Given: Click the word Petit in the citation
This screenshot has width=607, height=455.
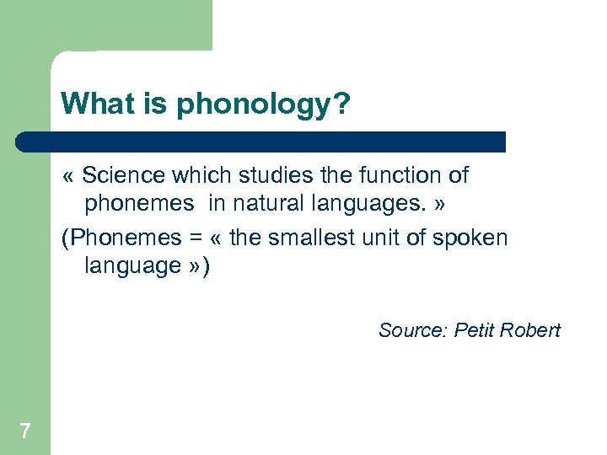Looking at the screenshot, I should [x=474, y=329].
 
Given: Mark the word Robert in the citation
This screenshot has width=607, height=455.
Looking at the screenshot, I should [x=530, y=329].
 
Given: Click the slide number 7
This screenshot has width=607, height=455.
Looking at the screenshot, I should [x=25, y=431].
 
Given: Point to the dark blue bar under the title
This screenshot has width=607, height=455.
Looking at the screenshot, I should [x=261, y=141].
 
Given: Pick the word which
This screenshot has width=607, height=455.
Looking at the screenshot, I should [x=198, y=175].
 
